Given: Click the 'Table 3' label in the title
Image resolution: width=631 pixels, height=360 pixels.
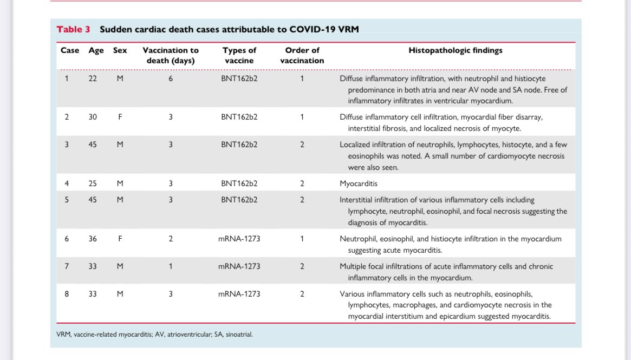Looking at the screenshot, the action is pos(73,29).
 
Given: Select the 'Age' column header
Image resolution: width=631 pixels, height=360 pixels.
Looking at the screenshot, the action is pos(96,50).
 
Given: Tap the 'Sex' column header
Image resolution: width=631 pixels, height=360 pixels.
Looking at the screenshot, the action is pos(120,50).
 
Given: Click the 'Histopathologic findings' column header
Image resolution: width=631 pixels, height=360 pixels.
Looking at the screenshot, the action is pos(455,50).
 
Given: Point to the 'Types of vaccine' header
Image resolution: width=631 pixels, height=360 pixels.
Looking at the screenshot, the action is pos(239,55).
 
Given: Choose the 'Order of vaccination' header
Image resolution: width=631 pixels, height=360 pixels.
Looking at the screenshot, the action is pos(302,55).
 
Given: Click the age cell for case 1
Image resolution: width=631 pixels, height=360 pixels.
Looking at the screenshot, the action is pos(93,78).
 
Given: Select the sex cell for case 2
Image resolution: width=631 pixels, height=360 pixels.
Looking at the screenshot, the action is pos(120,116).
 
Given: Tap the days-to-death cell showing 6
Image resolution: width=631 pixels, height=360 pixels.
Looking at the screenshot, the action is pos(170,78).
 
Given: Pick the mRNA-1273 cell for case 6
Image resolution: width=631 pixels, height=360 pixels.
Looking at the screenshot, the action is pos(239,239).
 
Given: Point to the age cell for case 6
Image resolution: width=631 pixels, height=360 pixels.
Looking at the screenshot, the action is pos(93,239).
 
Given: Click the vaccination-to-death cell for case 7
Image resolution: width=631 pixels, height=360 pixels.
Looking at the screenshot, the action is pos(170,266).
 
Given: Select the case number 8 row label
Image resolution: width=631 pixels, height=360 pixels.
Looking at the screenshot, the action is pos(67,294).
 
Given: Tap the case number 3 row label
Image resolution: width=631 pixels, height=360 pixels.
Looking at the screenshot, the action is pos(67,145).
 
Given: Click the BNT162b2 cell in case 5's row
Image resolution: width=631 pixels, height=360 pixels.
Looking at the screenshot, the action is pos(239,200).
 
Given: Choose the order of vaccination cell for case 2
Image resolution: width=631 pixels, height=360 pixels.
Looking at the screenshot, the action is pos(302,116).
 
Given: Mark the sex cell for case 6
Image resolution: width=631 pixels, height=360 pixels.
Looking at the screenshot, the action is pos(120,239).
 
